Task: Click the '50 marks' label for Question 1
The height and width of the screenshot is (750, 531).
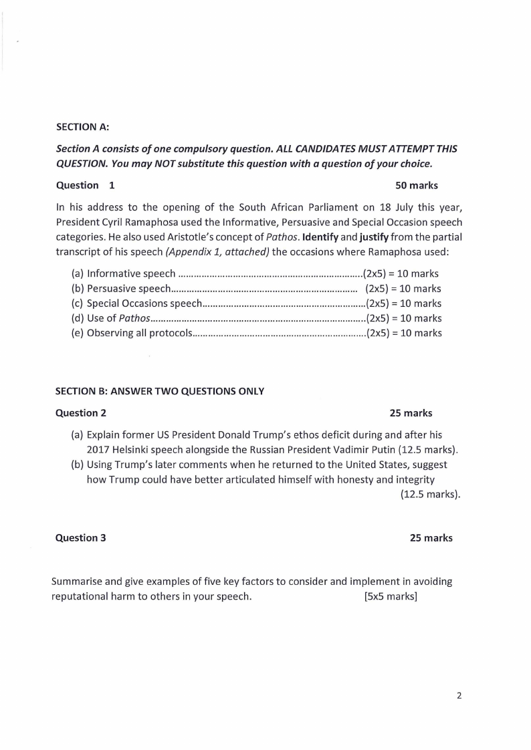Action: click(417, 185)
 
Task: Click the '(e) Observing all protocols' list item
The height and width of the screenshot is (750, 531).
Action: click(132, 333)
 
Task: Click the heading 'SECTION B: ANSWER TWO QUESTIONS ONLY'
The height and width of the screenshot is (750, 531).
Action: click(160, 392)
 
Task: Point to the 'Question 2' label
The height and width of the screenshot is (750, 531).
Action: click(81, 413)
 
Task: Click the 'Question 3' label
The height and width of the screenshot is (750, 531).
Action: click(81, 537)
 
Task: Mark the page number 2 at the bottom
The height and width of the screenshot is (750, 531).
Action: click(459, 696)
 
